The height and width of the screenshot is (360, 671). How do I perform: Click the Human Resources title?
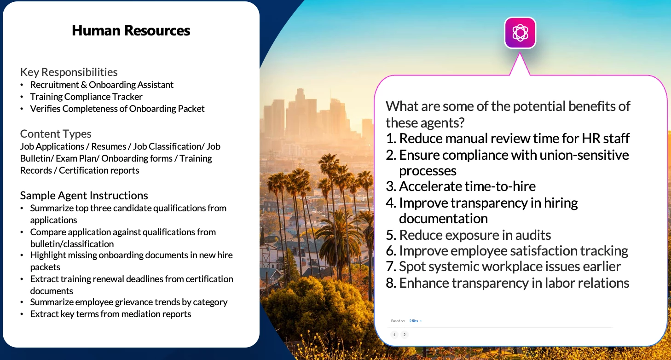131,30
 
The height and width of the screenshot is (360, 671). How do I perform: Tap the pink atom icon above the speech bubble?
520,33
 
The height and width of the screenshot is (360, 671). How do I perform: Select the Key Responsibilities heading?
69,72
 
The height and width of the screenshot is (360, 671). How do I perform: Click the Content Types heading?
56,134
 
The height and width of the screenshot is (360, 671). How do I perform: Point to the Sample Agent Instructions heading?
84,196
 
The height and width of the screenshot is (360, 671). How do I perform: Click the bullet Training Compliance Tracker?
86,97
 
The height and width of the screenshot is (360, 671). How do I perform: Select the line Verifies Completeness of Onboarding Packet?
117,109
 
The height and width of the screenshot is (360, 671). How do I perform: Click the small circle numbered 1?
394,335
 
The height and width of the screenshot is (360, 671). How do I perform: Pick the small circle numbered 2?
405,335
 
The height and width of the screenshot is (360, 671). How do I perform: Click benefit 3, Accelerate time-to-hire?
461,186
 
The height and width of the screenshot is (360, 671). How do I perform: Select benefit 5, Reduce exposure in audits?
468,235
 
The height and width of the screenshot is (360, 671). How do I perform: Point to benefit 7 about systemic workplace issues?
503,267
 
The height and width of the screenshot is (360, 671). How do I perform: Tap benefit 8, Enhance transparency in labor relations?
508,283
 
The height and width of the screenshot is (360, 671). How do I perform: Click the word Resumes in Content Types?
109,146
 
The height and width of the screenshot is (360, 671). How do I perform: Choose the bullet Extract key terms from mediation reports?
110,314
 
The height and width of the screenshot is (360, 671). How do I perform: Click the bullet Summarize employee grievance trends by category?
129,302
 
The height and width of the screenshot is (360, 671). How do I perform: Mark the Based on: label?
398,321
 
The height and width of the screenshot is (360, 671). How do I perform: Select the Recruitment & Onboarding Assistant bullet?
102,85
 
